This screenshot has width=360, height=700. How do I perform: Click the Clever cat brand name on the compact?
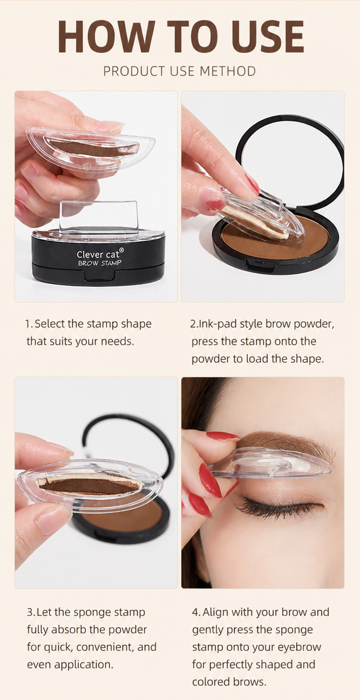(x=97, y=254)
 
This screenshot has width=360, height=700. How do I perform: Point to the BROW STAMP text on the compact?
(x=99, y=263)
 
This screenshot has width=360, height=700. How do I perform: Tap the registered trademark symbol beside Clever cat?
(x=121, y=249)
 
